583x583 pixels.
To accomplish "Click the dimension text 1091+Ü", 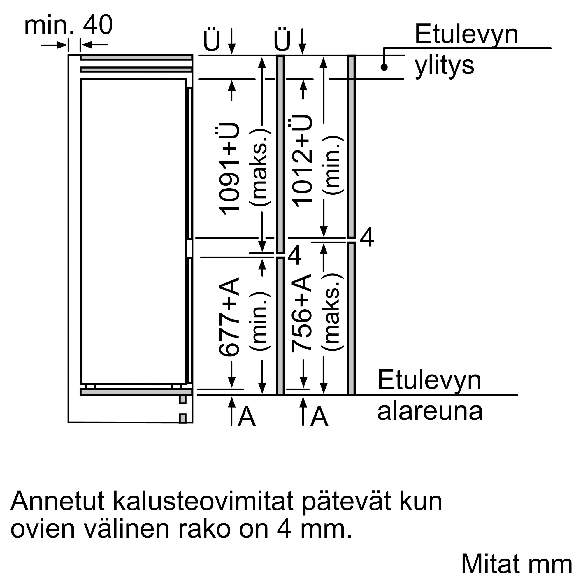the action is pyautogui.click(x=229, y=169).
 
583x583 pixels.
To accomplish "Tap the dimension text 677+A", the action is pyautogui.click(x=229, y=317).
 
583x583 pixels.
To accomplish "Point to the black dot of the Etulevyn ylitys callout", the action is pyautogui.click(x=384, y=67).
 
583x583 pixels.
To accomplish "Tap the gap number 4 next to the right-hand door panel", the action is pyautogui.click(x=367, y=238).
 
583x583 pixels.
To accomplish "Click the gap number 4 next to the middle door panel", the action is pyautogui.click(x=294, y=256).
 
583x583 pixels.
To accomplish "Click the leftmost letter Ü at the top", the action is pyautogui.click(x=212, y=41).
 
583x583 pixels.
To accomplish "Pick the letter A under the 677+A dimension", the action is pyautogui.click(x=247, y=417).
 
